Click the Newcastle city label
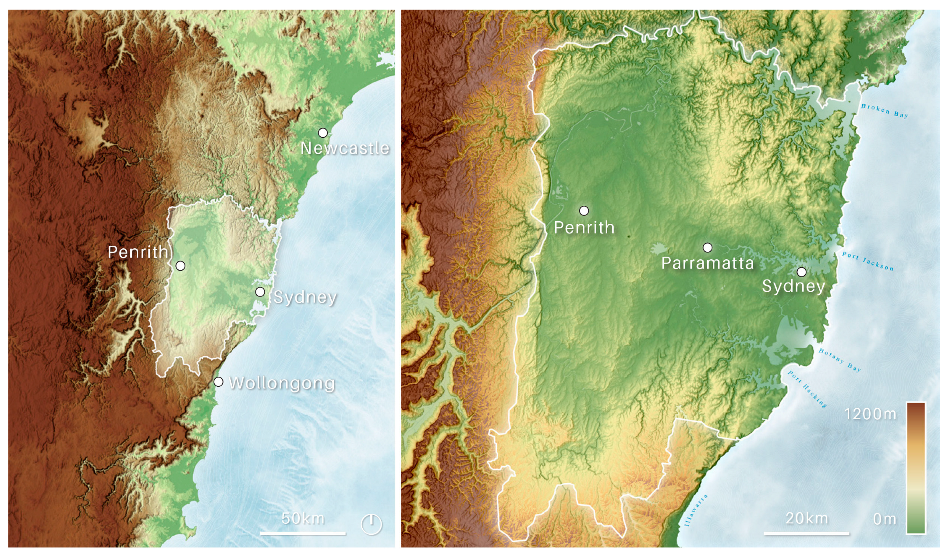[345, 148]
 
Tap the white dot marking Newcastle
[323, 133]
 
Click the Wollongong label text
[282, 383]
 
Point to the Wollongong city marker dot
[218, 382]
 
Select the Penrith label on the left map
[138, 252]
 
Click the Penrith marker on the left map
[180, 265]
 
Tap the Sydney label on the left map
[305, 297]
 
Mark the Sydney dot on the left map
[260, 292]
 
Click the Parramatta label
[708, 263]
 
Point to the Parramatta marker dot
[708, 247]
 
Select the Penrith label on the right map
[584, 227]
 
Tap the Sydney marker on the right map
[801, 272]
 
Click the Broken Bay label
[885, 111]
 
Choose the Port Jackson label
[868, 261]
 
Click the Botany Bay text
[839, 360]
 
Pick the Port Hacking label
[807, 389]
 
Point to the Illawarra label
[695, 510]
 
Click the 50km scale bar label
[303, 518]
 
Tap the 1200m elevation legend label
[870, 414]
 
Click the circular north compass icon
[371, 524]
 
